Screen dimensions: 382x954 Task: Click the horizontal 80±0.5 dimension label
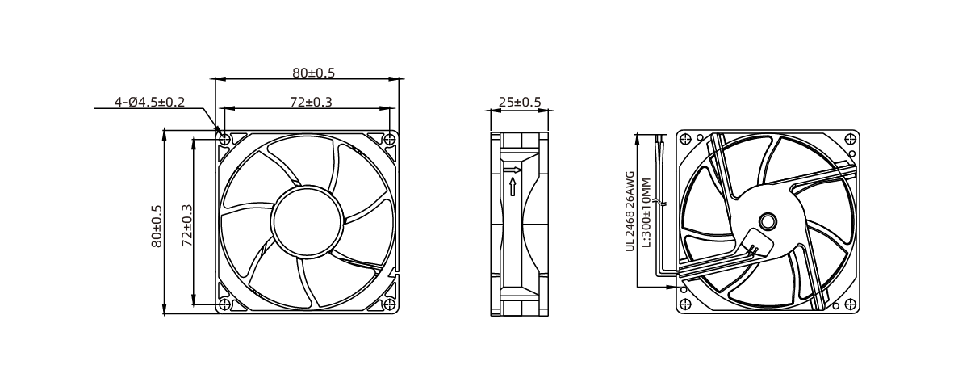tap(313, 73)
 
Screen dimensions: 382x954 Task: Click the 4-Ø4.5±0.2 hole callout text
tap(150, 103)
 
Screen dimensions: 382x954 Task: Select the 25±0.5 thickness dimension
tap(520, 102)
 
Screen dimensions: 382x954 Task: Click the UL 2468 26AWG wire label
tap(630, 212)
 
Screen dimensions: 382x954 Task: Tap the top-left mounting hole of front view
tap(225, 137)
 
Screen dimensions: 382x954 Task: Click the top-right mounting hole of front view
tap(391, 137)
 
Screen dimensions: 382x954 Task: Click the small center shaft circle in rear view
tap(767, 220)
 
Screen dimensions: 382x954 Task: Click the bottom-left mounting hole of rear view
tap(685, 304)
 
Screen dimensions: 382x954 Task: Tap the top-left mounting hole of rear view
tap(685, 138)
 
